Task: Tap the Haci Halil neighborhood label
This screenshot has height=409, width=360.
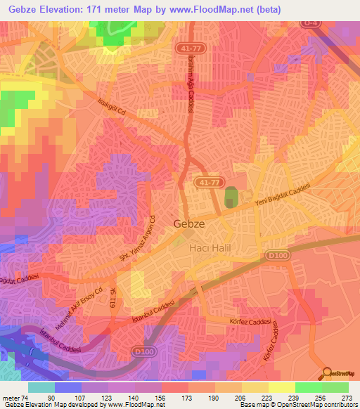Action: tap(210, 248)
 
